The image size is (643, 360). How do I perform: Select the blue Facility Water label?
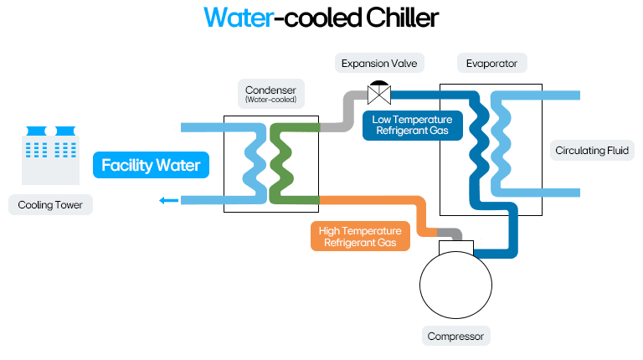[x=151, y=165]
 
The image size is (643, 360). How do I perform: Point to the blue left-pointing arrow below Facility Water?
[x=168, y=200]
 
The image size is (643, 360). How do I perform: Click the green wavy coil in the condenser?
[x=280, y=164]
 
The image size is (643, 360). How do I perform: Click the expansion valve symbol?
[x=378, y=93]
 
